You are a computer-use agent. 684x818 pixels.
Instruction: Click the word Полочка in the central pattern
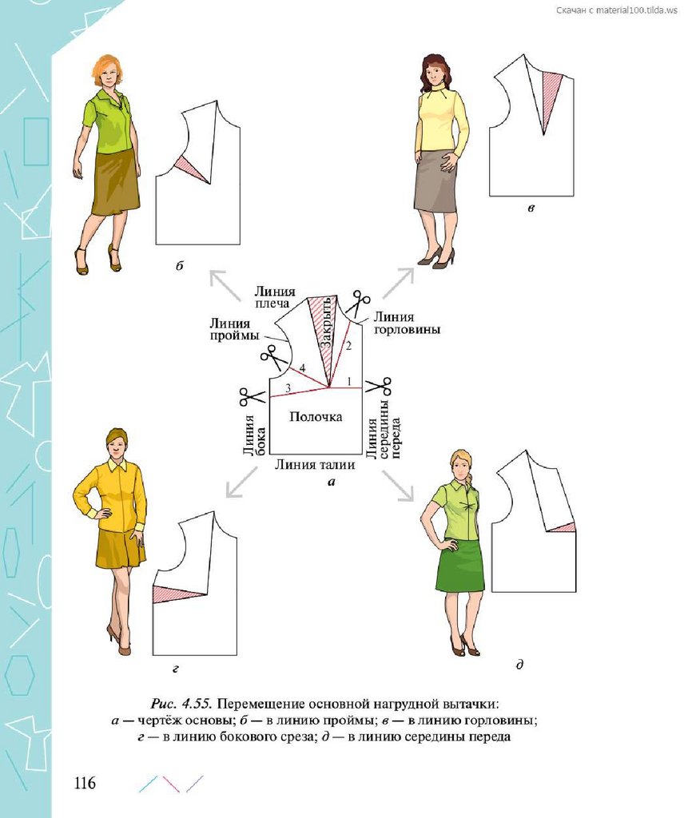point(316,416)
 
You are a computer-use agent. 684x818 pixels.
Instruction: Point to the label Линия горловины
point(407,323)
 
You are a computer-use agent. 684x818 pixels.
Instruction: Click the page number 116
point(85,782)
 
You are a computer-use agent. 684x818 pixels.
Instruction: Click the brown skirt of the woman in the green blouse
point(114,182)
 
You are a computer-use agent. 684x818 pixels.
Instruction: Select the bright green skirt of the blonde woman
point(460,566)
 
